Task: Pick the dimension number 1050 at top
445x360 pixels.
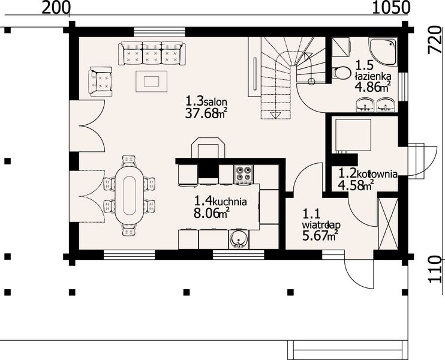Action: [390, 8]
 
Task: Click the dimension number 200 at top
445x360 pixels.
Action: [56, 8]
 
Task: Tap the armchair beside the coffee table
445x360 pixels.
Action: [101, 82]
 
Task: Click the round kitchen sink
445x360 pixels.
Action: [238, 239]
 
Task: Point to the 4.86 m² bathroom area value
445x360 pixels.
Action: [372, 88]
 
